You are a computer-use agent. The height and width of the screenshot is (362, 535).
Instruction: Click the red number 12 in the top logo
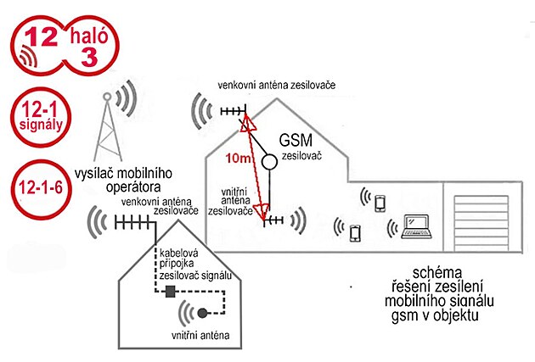coord(41,36)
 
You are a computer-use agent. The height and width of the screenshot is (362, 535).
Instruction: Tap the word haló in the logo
coord(88,36)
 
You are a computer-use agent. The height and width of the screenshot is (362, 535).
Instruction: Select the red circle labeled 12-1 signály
coord(41,117)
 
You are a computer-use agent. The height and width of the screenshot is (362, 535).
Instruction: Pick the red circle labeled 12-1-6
coord(41,189)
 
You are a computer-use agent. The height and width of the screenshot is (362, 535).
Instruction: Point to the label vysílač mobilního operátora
coord(123,180)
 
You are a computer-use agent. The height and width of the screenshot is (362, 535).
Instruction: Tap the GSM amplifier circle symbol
coord(269,162)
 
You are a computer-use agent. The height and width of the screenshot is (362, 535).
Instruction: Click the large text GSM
coord(296,140)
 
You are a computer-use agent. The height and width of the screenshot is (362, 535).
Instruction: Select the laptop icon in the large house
coord(417,226)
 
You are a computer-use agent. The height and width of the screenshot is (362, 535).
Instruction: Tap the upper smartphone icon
coord(380,203)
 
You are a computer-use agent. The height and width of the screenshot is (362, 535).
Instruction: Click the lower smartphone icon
coord(355,234)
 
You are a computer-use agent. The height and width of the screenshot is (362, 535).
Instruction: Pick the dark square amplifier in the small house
coord(170,292)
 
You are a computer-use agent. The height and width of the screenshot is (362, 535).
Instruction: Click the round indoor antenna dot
coord(202,313)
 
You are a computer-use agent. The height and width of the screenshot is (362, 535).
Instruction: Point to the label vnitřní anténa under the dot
coord(200,335)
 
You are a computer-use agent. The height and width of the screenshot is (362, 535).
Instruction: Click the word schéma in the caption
coord(437,272)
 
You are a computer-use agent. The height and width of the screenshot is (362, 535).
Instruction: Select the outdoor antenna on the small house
coord(132,224)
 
